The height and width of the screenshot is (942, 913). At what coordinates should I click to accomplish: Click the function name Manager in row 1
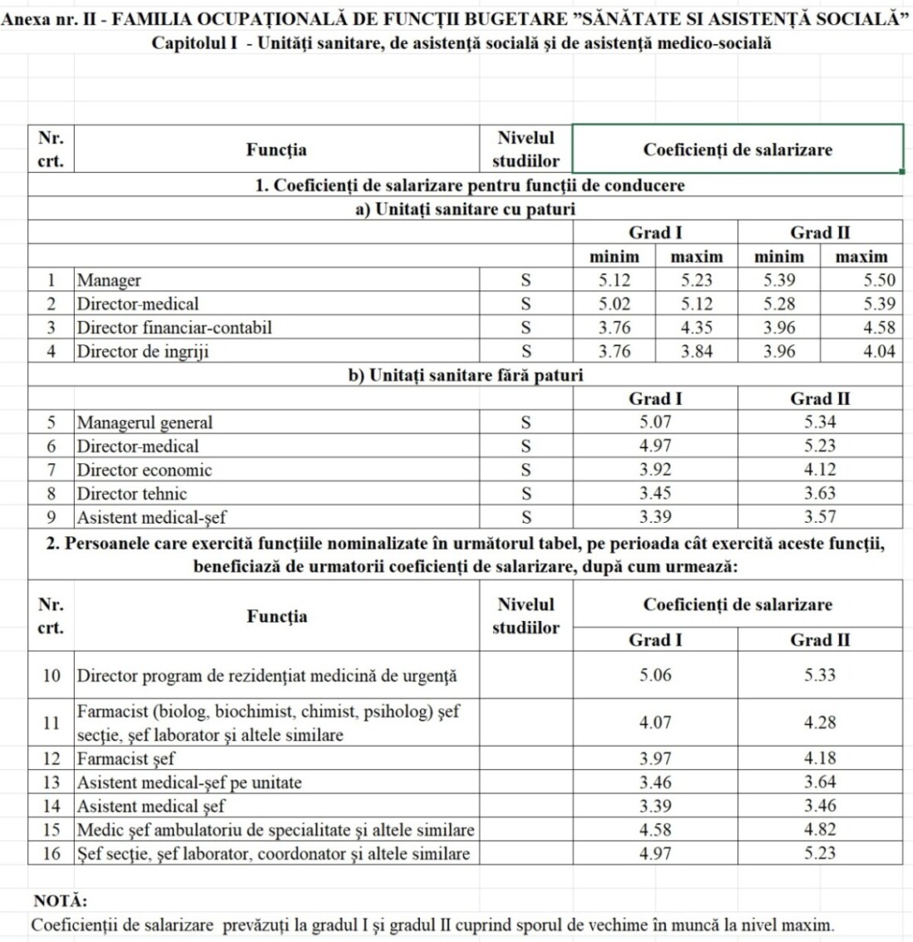pyautogui.click(x=109, y=281)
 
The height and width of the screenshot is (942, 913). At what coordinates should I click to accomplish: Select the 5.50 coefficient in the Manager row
pyautogui.click(x=879, y=281)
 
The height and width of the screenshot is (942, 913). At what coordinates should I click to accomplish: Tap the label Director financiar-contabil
pyautogui.click(x=174, y=328)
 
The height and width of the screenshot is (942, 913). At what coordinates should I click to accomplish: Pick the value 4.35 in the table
pyautogui.click(x=696, y=328)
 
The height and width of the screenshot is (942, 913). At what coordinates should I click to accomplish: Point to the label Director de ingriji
pyautogui.click(x=143, y=351)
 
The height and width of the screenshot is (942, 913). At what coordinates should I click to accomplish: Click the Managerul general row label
pyautogui.click(x=144, y=422)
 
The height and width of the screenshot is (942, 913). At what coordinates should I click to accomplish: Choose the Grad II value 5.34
pyautogui.click(x=819, y=422)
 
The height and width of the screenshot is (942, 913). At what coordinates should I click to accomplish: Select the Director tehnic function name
pyautogui.click(x=132, y=494)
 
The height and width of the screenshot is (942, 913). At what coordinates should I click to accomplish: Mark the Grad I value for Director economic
pyautogui.click(x=655, y=470)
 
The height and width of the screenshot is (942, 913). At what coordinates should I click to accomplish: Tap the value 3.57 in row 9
pyautogui.click(x=819, y=518)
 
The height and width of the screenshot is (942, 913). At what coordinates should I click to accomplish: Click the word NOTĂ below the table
pyautogui.click(x=60, y=901)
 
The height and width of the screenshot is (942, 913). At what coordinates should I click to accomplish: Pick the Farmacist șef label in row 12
pyautogui.click(x=126, y=759)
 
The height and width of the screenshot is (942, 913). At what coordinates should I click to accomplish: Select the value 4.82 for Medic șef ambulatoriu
pyautogui.click(x=819, y=829)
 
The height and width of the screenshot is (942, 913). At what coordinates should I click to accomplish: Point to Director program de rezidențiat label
pyautogui.click(x=266, y=676)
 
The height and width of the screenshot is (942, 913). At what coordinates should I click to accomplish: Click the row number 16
pyautogui.click(x=51, y=853)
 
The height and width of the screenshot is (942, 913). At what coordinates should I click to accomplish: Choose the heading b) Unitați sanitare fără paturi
pyautogui.click(x=465, y=375)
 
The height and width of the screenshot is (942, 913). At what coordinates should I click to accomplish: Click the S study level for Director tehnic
pyautogui.click(x=525, y=494)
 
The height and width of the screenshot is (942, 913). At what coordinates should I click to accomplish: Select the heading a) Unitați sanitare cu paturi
pyautogui.click(x=465, y=209)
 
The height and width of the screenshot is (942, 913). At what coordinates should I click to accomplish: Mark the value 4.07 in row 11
pyautogui.click(x=655, y=723)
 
